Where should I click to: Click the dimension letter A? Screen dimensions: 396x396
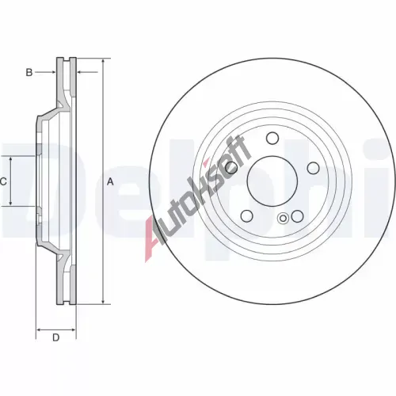110,181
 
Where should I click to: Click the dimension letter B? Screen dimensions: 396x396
29,72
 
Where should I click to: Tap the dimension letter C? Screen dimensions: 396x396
3,181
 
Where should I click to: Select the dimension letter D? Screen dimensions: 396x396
56,337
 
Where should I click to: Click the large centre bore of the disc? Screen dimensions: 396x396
272,181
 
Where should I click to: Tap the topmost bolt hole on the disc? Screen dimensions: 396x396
272,138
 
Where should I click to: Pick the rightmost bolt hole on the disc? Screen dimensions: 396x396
314,168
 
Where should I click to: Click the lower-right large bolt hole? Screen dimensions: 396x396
298,216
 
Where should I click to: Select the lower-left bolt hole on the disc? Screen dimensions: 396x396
247,216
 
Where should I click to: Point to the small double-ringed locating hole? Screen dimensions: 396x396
283,219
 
